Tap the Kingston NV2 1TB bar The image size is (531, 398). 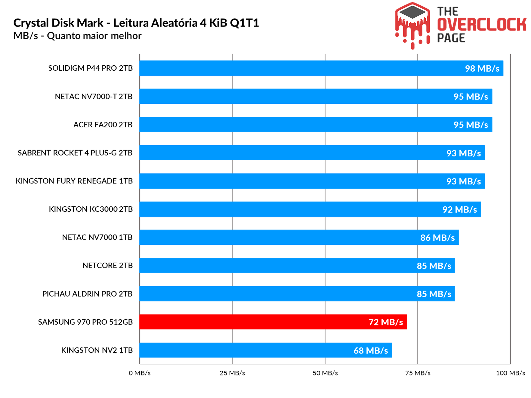pyautogui.click(x=265, y=350)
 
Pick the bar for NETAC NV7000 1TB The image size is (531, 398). pyautogui.click(x=299, y=237)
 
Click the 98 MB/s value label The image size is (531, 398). pyautogui.click(x=482, y=68)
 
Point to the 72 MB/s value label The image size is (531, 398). pyautogui.click(x=386, y=322)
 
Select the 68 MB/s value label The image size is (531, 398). pyautogui.click(x=371, y=350)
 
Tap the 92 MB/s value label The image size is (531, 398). pyautogui.click(x=460, y=209)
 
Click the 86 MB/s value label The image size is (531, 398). pyautogui.click(x=437, y=237)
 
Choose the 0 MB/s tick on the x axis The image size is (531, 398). pyautogui.click(x=140, y=373)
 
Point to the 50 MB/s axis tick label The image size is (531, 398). pyautogui.click(x=325, y=373)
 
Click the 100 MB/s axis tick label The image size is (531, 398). pyautogui.click(x=510, y=373)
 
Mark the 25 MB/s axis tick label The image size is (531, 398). pyautogui.click(x=232, y=373)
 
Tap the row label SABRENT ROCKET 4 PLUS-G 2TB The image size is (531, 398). pyautogui.click(x=75, y=153)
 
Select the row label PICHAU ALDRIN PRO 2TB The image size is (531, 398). pyautogui.click(x=87, y=294)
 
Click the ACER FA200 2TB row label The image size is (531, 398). pyautogui.click(x=103, y=125)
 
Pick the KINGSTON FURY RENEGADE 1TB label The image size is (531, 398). pyautogui.click(x=74, y=181)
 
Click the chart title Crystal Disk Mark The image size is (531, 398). pyautogui.click(x=136, y=23)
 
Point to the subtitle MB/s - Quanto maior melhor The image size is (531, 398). pyautogui.click(x=77, y=36)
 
